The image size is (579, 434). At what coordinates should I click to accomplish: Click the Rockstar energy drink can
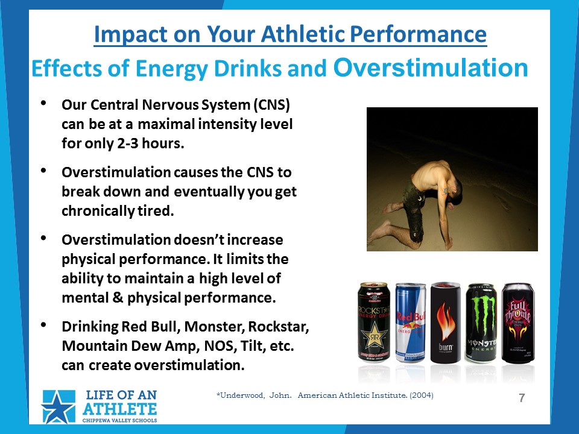[x=374, y=322]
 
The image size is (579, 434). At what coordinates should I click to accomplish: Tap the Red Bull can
[x=410, y=322]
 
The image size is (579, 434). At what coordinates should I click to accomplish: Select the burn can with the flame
[x=446, y=322]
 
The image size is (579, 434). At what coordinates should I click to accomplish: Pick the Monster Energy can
[x=481, y=322]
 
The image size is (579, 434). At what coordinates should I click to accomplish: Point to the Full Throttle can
[x=517, y=322]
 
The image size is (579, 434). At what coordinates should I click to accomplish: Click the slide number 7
[x=522, y=398]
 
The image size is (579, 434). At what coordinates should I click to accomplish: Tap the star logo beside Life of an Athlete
[x=59, y=406]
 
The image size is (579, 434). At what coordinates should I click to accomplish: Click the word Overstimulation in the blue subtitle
[x=431, y=68]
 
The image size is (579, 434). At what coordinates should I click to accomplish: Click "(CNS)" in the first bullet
[x=271, y=105]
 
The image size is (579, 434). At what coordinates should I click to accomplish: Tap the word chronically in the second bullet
[x=98, y=211]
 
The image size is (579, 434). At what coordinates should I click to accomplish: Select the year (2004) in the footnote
[x=422, y=395]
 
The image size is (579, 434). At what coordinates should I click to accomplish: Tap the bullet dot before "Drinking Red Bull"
[x=43, y=325]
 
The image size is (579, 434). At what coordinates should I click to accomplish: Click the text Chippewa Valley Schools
[x=119, y=420]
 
